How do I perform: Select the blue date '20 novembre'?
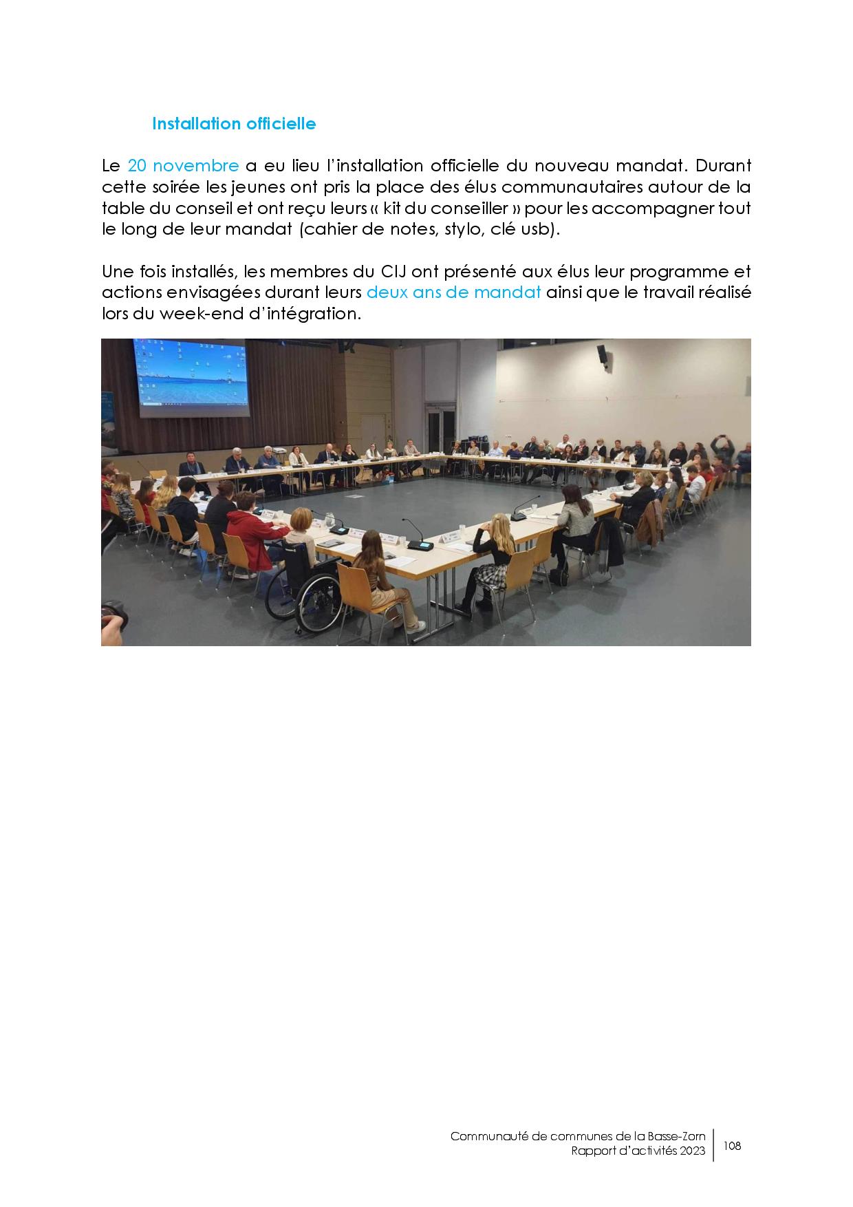tap(183, 166)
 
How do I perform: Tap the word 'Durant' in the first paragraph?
tap(724, 166)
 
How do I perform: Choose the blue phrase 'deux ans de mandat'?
tap(453, 292)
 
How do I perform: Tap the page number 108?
tap(733, 1146)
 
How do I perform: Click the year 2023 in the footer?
tap(693, 1151)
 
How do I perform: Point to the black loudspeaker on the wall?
tap(602, 354)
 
